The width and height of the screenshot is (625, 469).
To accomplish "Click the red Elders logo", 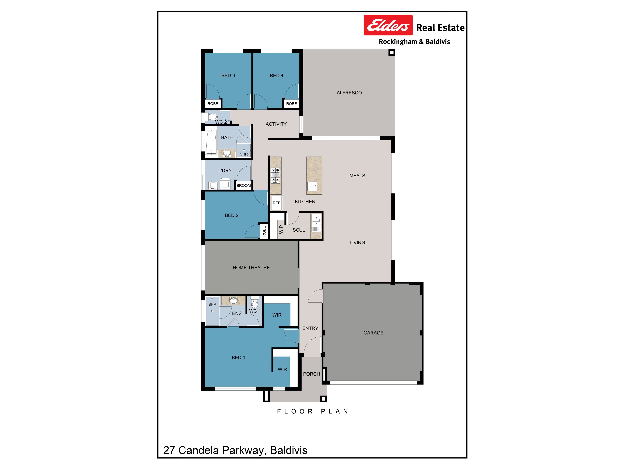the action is click(388, 25).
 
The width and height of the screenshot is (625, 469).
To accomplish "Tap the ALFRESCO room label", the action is click(349, 93).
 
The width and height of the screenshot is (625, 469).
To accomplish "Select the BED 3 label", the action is click(228, 76).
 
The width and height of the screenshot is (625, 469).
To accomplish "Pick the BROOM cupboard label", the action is click(243, 185).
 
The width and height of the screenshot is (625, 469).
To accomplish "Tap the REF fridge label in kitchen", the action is click(276, 203).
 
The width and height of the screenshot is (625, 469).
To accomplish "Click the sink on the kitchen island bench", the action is click(312, 186).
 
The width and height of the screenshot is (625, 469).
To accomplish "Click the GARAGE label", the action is click(374, 333).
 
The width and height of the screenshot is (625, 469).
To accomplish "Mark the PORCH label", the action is click(311, 374).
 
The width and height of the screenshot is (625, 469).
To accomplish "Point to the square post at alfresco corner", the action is click(392, 53).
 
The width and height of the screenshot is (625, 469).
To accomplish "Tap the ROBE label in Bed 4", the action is click(291, 104).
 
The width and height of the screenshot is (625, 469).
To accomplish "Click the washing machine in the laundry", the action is click(225, 184).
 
